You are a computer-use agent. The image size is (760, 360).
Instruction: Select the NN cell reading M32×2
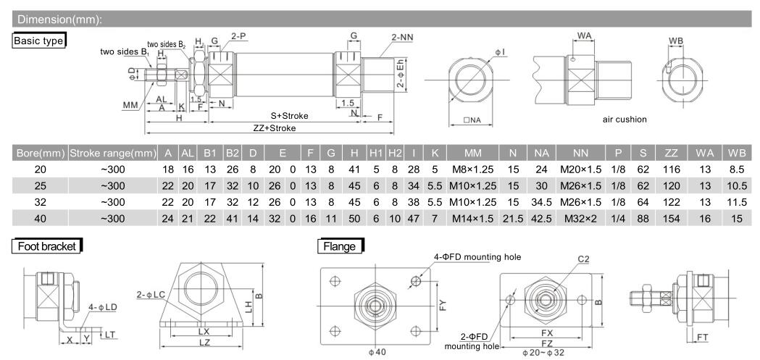point(581,218)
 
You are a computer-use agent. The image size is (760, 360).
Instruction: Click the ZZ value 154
point(670,218)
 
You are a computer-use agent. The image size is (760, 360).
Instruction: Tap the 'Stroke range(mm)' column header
point(112,154)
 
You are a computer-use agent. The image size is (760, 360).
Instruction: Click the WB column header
point(737,154)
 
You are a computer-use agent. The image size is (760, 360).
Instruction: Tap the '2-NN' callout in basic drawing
point(403,35)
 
